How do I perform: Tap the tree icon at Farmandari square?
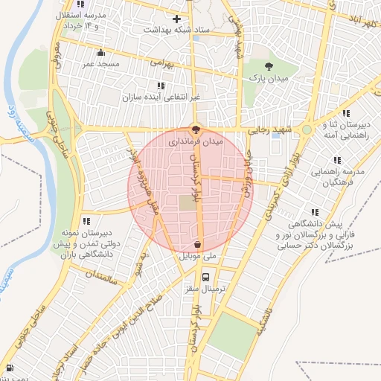(x=196, y=129)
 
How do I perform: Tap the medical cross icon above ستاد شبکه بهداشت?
(x=176, y=19)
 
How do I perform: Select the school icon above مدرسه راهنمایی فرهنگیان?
(x=337, y=160)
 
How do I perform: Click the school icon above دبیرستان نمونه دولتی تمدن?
(x=87, y=221)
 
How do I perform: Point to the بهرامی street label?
(x=161, y=63)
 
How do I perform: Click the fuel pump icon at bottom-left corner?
(x=9, y=368)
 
